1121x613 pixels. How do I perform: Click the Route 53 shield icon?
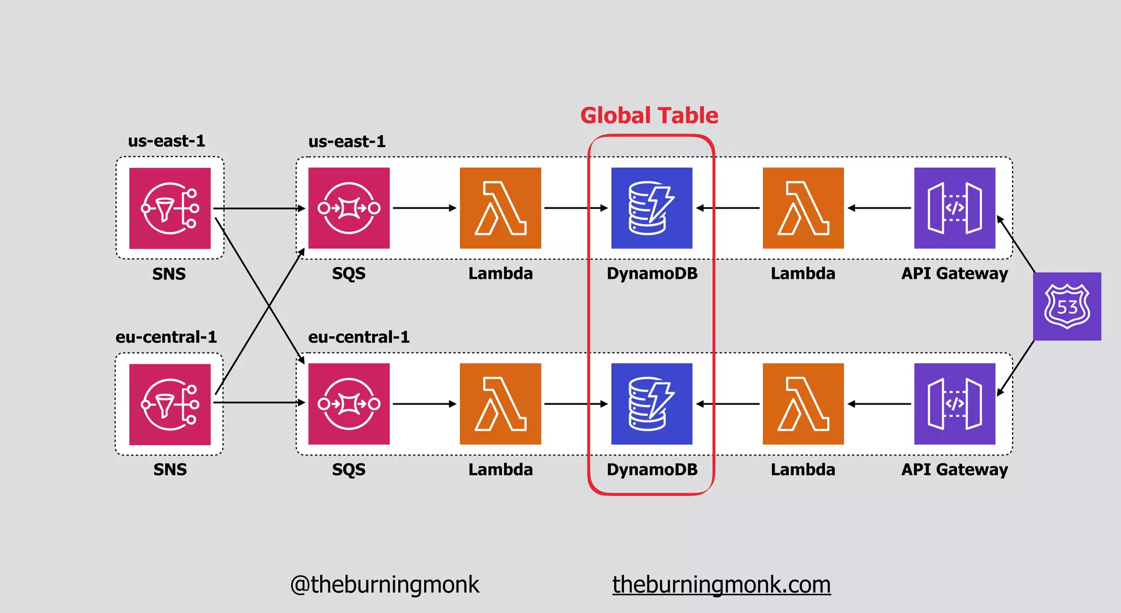[1067, 307]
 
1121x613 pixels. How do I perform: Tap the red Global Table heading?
[649, 115]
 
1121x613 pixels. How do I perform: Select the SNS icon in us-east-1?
[170, 208]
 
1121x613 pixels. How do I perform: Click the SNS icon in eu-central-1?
[170, 404]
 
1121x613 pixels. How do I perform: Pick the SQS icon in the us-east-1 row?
[349, 208]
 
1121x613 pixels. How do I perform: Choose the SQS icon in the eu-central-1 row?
[349, 404]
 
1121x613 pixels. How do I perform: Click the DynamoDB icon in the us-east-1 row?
[651, 208]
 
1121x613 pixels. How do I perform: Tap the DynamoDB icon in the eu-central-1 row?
[651, 404]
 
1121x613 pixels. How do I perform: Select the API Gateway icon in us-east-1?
[955, 208]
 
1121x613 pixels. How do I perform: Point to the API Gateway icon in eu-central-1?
[955, 404]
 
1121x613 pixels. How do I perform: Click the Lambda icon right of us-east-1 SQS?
[500, 208]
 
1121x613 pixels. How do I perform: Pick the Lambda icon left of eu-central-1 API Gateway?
[803, 404]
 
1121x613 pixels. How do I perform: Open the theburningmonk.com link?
[721, 585]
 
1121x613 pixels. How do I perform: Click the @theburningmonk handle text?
[384, 585]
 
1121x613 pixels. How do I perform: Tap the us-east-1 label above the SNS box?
[166, 141]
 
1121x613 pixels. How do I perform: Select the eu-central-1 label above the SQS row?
[359, 337]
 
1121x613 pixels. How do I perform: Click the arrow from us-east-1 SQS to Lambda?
[424, 208]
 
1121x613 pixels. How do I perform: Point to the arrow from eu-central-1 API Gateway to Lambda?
[879, 404]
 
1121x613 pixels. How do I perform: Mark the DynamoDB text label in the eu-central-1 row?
[652, 470]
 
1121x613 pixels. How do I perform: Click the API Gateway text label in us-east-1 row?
[955, 274]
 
